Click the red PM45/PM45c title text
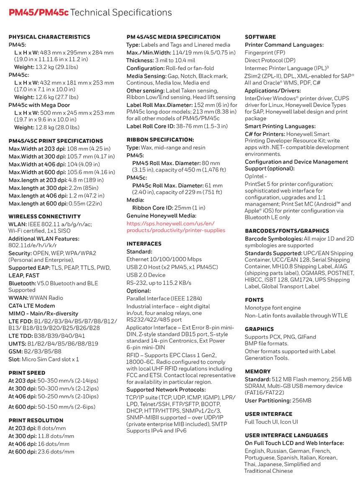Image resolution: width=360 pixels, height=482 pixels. pyautogui.click(x=39, y=13)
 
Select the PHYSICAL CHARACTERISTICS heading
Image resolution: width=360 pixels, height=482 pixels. pyautogui.click(x=49, y=37)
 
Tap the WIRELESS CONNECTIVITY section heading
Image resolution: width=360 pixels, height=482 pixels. pyautogui.click(x=45, y=216)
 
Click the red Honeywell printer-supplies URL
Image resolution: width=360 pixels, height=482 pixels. pyautogui.click(x=176, y=227)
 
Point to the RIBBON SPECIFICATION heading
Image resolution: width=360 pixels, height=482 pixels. pyautogui.click(x=160, y=140)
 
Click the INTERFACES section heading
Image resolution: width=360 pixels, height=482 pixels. pyautogui.click(x=144, y=244)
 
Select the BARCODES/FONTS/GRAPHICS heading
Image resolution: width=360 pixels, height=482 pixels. pyautogui.click(x=287, y=231)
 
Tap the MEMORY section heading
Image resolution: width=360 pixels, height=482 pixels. pyautogui.click(x=258, y=371)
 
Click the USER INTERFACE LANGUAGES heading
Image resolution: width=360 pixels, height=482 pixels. pyautogui.click(x=286, y=435)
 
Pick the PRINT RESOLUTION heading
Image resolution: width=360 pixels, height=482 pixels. pyautogui.click(x=36, y=420)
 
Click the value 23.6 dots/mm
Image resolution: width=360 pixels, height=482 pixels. pyautogui.click(x=56, y=451)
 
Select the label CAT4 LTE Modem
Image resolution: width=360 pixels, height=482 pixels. pyautogui.click(x=32, y=305)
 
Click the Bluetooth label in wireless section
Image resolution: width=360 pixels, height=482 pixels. pyautogui.click(x=22, y=283)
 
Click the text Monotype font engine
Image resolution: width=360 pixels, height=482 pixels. pyautogui.click(x=273, y=308)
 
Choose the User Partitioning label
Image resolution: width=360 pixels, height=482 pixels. pyautogui.click(x=268, y=401)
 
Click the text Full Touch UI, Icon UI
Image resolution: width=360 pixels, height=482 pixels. pyautogui.click(x=271, y=422)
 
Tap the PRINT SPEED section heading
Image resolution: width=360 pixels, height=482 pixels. pyautogui.click(x=27, y=372)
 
